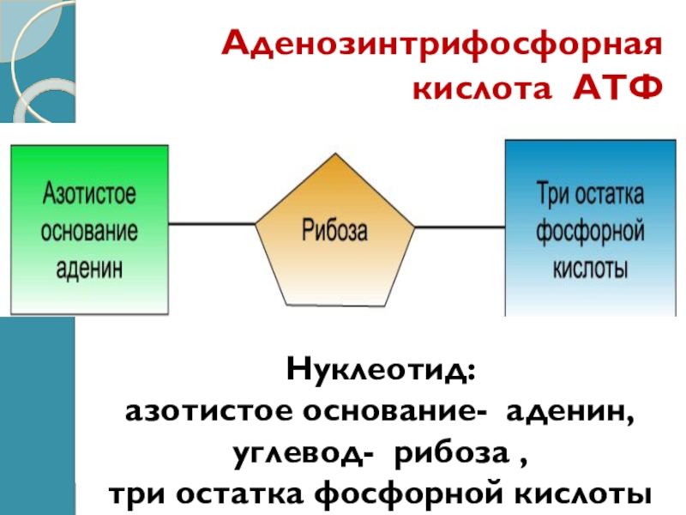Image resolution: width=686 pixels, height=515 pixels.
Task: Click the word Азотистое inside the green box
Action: tap(89, 193)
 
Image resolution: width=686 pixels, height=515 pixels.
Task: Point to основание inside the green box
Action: tap(89, 230)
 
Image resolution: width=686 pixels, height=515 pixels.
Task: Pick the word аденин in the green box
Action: tap(89, 267)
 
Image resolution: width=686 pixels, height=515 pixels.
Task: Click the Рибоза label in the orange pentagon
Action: tap(334, 230)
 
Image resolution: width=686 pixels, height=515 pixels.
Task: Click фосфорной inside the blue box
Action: tap(590, 230)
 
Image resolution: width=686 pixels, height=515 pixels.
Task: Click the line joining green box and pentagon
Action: tap(213, 225)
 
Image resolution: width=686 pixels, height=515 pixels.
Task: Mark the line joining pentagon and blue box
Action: tap(460, 227)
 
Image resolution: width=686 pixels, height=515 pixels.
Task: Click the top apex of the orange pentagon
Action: tap(335, 155)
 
